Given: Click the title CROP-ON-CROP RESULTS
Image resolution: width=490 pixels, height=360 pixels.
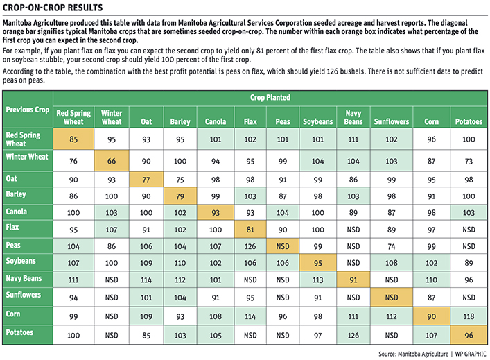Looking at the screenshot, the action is pyautogui.click(x=53, y=7).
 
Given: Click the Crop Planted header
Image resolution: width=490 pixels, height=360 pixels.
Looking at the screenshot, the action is pyautogui.click(x=270, y=98).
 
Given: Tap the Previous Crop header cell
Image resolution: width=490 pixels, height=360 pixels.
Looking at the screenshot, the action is pyautogui.click(x=28, y=110).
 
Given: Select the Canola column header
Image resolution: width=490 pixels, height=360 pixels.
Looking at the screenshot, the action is pyautogui.click(x=216, y=121).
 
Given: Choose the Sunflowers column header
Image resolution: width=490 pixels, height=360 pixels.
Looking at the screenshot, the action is pyautogui.click(x=392, y=121).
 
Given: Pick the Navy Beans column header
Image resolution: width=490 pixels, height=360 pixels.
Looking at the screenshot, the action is pyautogui.click(x=353, y=117).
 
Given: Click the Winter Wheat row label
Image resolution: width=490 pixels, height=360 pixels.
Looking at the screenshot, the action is pyautogui.click(x=27, y=157).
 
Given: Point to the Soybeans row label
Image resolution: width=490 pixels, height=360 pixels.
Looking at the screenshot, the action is pyautogui.click(x=21, y=261).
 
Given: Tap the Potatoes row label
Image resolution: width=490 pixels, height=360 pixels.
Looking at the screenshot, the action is pyautogui.click(x=19, y=332).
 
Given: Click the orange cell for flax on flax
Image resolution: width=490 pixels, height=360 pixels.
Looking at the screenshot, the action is pyautogui.click(x=250, y=230).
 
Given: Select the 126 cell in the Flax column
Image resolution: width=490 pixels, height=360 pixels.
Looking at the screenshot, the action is pyautogui.click(x=250, y=246).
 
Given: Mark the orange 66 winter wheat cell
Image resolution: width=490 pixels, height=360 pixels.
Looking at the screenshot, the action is pyautogui.click(x=112, y=161).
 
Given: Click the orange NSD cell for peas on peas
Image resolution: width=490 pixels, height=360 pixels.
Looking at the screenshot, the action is pyautogui.click(x=283, y=246).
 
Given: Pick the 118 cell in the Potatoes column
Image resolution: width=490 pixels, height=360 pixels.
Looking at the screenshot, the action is pyautogui.click(x=469, y=316).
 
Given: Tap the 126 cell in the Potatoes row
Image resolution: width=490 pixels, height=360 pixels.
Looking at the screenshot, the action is pyautogui.click(x=353, y=335).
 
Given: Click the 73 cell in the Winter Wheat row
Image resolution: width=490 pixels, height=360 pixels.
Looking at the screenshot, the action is pyautogui.click(x=469, y=161).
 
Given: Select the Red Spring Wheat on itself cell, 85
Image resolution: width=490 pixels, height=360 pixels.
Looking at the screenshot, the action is pyautogui.click(x=73, y=139).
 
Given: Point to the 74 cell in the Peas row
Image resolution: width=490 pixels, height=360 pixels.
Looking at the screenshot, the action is pyautogui.click(x=392, y=246).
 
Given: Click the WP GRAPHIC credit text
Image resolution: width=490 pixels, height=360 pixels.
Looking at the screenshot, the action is pyautogui.click(x=471, y=354).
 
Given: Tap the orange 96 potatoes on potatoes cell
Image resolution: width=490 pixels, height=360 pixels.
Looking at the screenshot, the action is pyautogui.click(x=469, y=335).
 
